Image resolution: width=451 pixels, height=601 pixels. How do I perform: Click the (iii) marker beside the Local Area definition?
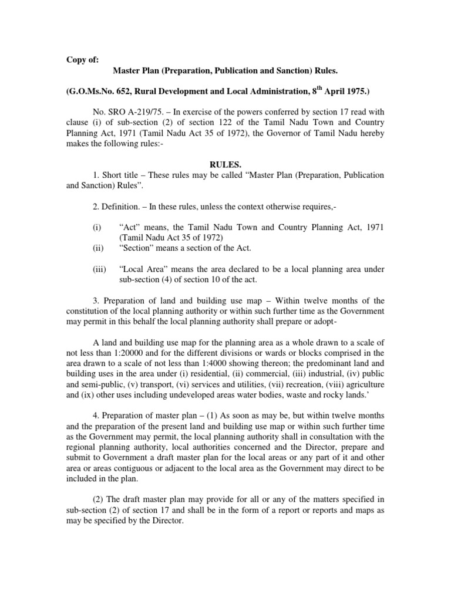click(99, 269)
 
